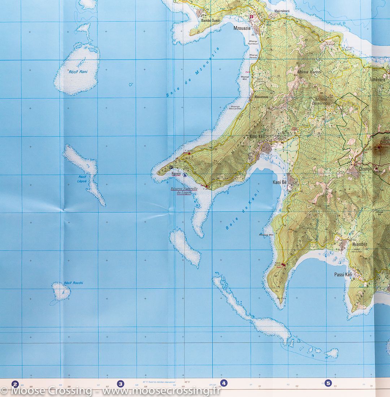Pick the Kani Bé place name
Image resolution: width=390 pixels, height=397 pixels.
pos(279,183)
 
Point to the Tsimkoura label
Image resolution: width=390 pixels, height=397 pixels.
pos(378,79)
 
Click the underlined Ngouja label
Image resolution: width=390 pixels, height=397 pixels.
pos(176,173)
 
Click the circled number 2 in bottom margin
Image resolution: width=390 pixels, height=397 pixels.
pos(15,384)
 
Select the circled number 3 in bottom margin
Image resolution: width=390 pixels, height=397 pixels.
pos(121,384)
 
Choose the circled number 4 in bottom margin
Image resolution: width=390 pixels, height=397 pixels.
pos(224,383)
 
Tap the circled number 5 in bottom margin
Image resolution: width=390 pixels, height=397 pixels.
pos(328,383)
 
